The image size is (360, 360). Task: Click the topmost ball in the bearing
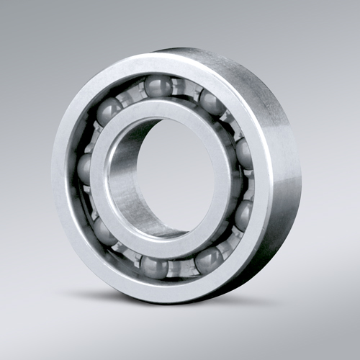point(157,86)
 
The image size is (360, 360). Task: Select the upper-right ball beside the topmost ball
point(211,102)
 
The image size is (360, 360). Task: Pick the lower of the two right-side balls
point(244,214)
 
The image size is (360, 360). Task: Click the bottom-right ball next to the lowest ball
point(209,259)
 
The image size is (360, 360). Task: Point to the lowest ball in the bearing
point(154,266)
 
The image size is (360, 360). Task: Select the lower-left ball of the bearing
point(105,232)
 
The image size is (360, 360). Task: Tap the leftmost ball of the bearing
point(86,168)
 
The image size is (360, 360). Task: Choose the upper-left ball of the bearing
point(109,110)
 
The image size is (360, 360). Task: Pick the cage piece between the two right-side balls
point(247,184)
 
